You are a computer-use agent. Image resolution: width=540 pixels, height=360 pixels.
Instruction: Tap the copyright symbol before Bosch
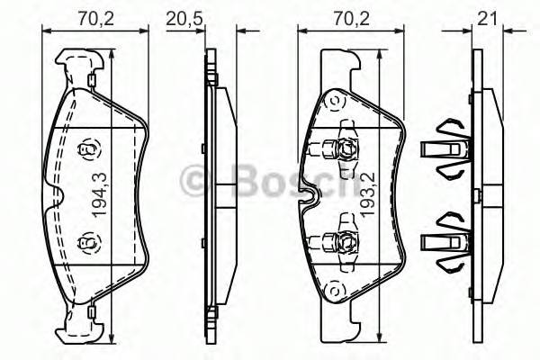(197, 182)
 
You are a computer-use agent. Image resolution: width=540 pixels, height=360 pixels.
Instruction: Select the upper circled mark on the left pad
(88, 150)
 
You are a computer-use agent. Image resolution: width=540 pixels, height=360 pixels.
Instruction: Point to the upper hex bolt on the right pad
(346, 149)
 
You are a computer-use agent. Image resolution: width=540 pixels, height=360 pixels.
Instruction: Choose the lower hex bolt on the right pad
(346, 240)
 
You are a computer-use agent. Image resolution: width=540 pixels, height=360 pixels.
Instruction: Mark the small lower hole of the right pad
(334, 290)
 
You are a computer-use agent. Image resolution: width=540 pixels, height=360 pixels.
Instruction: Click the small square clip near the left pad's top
(94, 82)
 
